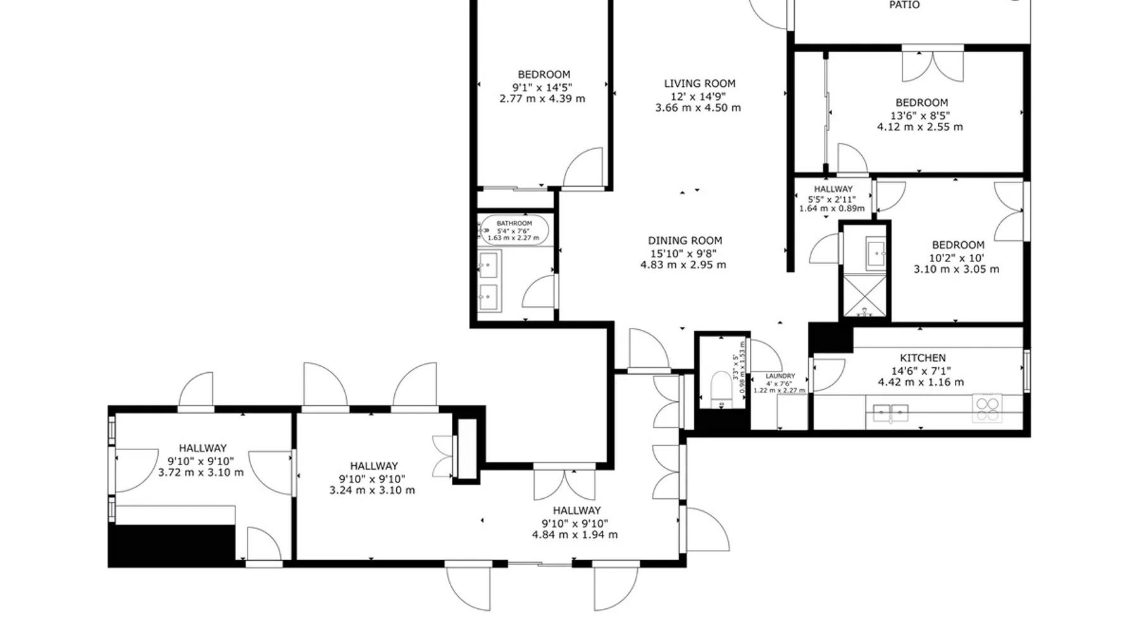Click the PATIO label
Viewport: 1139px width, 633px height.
point(904,5)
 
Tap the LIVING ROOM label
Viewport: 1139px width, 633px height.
point(700,84)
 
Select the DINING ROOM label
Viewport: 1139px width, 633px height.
point(685,241)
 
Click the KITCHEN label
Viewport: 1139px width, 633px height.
point(923,358)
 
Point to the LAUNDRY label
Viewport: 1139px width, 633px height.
point(780,376)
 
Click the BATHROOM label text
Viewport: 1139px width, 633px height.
point(514,223)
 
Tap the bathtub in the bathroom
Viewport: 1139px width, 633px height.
point(514,230)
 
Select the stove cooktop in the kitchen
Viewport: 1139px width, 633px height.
point(987,408)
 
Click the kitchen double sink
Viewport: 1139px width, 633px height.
point(890,413)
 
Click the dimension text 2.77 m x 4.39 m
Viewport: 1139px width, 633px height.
point(542,99)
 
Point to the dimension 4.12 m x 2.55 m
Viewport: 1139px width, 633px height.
point(920,127)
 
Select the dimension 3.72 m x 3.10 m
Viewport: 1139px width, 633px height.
point(201,472)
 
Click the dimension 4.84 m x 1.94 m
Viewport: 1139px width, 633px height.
point(575,535)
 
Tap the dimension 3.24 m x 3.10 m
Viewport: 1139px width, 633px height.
point(372,490)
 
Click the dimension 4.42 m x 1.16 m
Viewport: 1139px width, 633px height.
point(921,382)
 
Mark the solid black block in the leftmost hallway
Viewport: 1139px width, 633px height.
point(172,544)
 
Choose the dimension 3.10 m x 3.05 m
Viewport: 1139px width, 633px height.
point(956,269)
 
